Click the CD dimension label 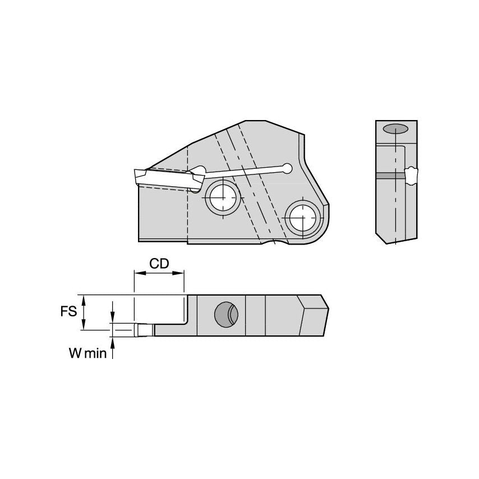click(x=159, y=263)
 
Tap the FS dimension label click(x=68, y=311)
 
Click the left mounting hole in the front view click(x=223, y=197)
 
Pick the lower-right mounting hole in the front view click(x=303, y=217)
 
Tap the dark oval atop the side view click(x=396, y=128)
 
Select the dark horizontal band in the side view click(x=390, y=176)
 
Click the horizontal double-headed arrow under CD click(x=159, y=274)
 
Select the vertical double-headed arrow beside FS click(x=84, y=312)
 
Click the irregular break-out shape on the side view click(x=412, y=176)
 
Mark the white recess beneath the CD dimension click(x=160, y=308)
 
